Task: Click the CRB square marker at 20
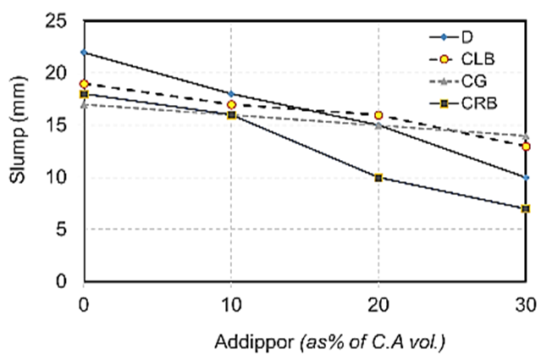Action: [x=378, y=178]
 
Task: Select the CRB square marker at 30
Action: [x=526, y=208]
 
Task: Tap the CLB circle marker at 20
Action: [x=378, y=115]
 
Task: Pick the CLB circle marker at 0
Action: [x=84, y=84]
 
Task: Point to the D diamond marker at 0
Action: [x=84, y=53]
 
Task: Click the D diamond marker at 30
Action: [x=526, y=178]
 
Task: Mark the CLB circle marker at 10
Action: [x=231, y=105]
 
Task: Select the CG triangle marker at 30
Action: [x=526, y=136]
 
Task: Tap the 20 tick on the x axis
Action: [x=378, y=302]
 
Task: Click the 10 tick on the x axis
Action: [x=231, y=302]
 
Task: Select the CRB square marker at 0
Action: [x=84, y=94]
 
